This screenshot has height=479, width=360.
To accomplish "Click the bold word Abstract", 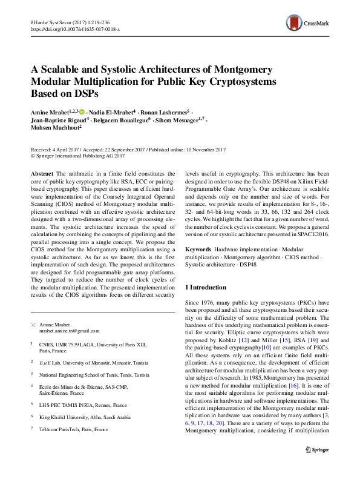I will (x=42, y=174).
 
